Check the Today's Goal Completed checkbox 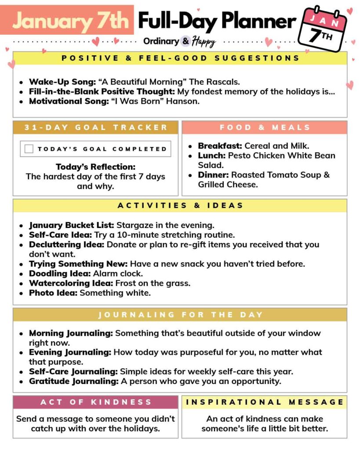(29, 149)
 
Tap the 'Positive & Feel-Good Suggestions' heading (180, 58)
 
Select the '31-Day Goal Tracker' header (96, 127)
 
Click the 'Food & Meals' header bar (265, 127)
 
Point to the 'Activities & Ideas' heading (180, 205)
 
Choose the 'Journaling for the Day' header (180, 315)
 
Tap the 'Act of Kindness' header (96, 402)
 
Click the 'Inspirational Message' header (265, 402)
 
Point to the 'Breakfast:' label (220, 146)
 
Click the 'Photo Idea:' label (53, 293)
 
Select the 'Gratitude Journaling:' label (74, 381)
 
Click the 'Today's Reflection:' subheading (96, 167)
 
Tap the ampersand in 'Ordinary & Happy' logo (185, 41)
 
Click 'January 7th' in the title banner (70, 20)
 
